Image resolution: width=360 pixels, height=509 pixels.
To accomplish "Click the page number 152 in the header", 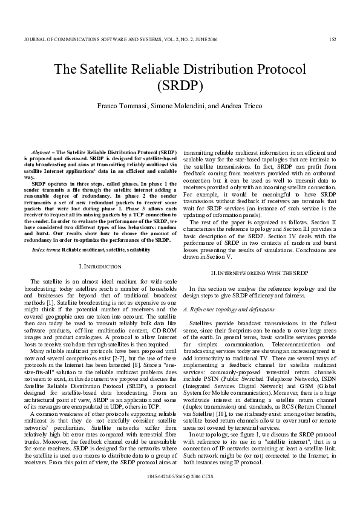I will tap(332, 41).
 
